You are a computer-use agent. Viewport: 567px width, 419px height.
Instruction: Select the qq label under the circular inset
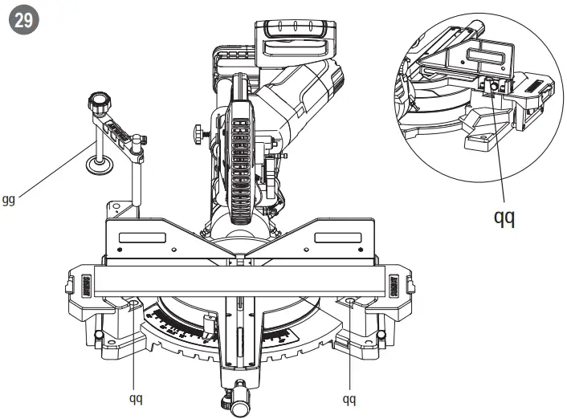[504, 218]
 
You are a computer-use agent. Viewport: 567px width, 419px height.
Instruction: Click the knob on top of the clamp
[98, 104]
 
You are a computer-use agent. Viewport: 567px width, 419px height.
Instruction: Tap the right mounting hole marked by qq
[351, 302]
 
